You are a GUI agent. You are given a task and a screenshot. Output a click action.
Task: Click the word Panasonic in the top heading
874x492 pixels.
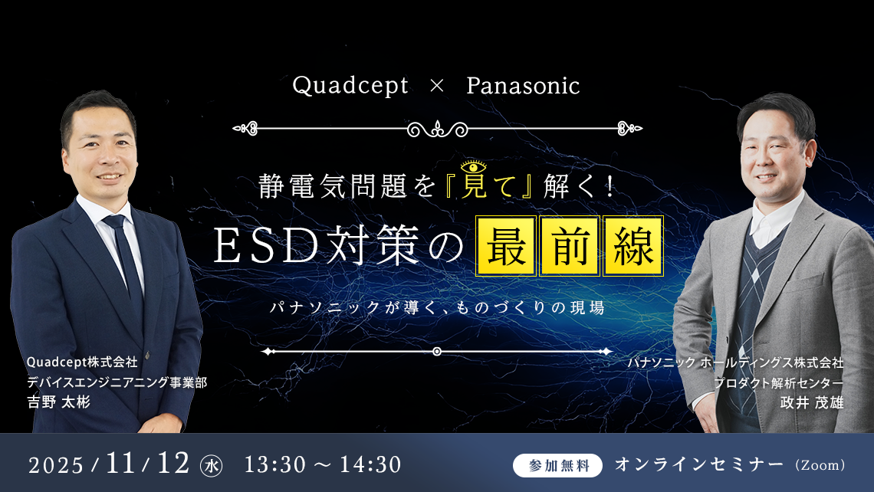523,86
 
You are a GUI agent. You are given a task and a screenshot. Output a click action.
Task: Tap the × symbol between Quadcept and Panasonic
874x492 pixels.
437,86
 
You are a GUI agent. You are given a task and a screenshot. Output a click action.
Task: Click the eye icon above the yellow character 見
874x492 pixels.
473,166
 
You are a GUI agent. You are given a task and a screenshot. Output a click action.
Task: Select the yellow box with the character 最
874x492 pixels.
506,246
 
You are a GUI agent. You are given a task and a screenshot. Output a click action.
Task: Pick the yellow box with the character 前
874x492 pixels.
570,246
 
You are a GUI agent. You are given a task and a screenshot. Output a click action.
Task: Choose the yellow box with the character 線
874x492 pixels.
633,246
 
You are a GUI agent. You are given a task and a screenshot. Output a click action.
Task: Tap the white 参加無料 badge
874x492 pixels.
557,465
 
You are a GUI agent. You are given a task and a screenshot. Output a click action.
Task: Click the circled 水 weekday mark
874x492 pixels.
212,466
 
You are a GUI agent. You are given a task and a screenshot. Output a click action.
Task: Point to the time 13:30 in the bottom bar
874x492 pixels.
275,464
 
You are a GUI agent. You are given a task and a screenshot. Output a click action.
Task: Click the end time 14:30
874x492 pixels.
370,464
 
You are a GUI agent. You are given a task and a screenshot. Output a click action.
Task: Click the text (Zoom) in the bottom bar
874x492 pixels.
820,465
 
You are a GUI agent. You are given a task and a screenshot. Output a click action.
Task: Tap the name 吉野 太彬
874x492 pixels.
58,402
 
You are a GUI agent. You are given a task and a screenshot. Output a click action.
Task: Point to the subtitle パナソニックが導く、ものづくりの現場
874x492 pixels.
437,307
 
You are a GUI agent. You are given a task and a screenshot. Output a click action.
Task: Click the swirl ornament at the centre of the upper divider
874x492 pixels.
438,130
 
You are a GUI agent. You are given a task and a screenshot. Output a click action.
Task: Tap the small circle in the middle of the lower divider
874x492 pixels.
437,352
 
